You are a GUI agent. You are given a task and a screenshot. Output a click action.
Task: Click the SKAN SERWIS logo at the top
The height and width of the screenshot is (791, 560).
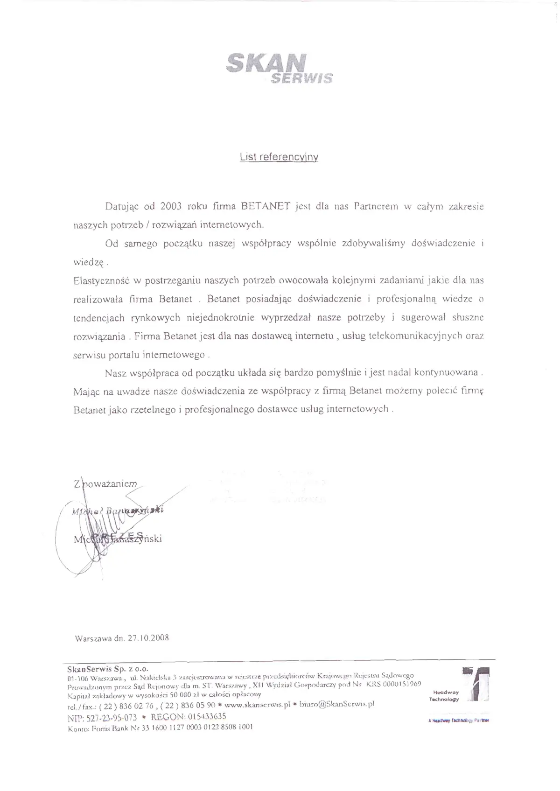pos(279,68)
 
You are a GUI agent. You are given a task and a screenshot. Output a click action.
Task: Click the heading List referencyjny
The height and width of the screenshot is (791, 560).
pos(279,157)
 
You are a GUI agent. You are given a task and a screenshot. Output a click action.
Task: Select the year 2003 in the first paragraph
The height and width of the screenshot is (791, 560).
pos(170,206)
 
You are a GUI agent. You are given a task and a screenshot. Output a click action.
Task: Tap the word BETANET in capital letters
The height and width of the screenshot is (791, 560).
pos(266,206)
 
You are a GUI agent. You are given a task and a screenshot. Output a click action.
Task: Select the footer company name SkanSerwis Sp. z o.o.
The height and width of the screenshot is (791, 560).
pos(108,668)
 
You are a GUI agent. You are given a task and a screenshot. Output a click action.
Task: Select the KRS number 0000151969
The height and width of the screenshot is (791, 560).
pos(402,684)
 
